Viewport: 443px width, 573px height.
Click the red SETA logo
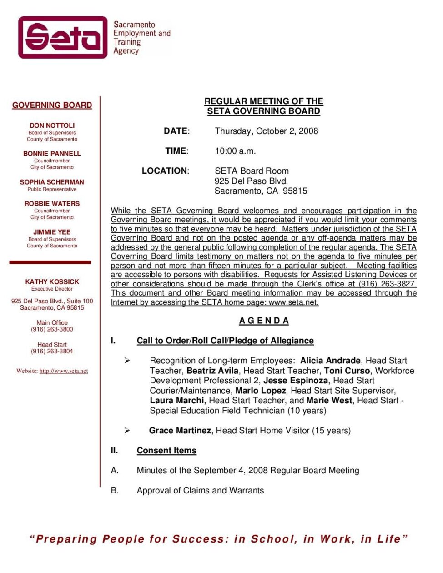click(x=63, y=37)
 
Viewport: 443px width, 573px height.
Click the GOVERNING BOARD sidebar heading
click(x=52, y=105)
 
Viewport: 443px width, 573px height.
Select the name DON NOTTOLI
click(x=52, y=126)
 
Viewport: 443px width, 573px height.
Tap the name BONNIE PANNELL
click(x=52, y=154)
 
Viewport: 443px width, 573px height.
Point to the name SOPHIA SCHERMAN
click(x=52, y=182)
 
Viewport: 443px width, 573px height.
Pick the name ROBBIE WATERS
click(x=52, y=204)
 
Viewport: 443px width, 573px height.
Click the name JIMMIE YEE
click(x=52, y=232)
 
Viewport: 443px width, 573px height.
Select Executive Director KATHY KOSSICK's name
click(x=52, y=282)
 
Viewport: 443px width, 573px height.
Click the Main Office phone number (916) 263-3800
click(x=52, y=329)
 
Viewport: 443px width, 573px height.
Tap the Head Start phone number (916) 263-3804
click(x=52, y=351)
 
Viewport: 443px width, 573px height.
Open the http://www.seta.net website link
click(x=64, y=371)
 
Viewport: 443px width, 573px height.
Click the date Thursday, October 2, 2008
click(x=266, y=131)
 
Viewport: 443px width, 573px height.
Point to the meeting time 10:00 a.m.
click(x=235, y=151)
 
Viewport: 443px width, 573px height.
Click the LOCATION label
click(x=165, y=171)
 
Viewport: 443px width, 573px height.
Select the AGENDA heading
click(x=264, y=321)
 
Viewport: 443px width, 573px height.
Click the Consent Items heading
click(x=166, y=451)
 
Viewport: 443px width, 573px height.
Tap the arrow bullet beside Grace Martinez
click(x=127, y=430)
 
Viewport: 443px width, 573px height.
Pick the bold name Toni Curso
click(x=347, y=371)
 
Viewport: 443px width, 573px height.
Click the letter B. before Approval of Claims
click(x=115, y=490)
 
